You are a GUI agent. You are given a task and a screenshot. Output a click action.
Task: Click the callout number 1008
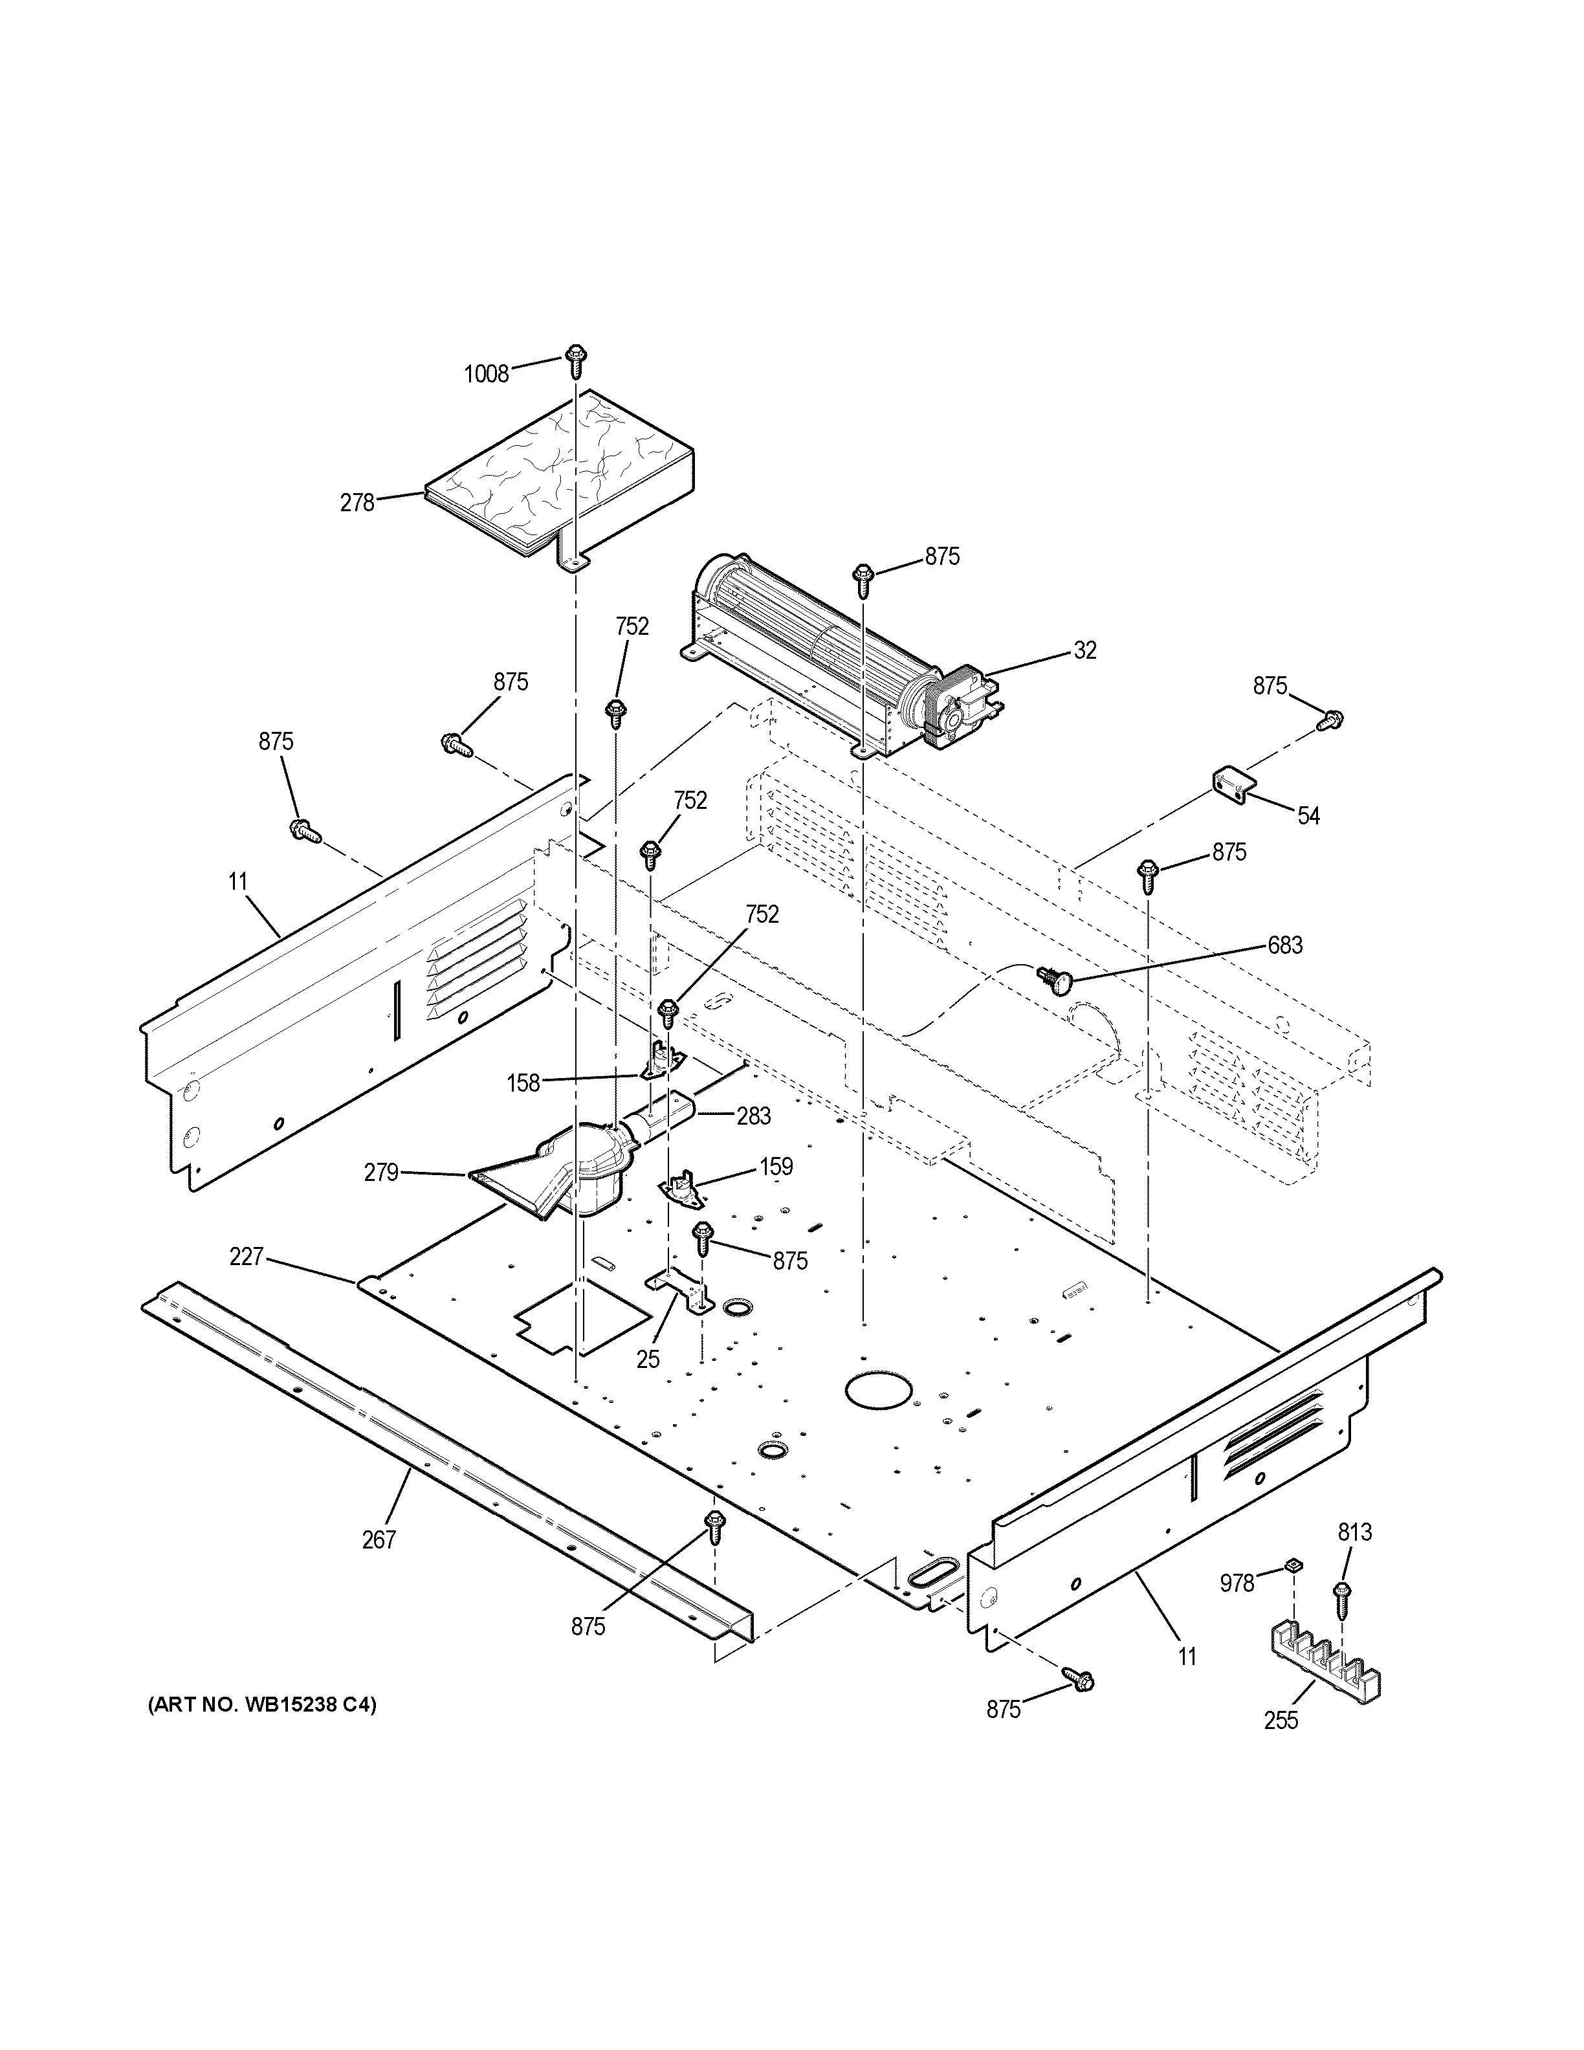(486, 373)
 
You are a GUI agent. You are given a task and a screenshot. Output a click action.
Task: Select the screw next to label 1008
(575, 360)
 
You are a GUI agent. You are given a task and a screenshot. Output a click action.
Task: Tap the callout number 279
(381, 1173)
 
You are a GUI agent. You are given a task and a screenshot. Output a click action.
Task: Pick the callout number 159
(776, 1167)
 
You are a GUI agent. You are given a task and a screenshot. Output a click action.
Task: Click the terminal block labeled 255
(1323, 1673)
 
